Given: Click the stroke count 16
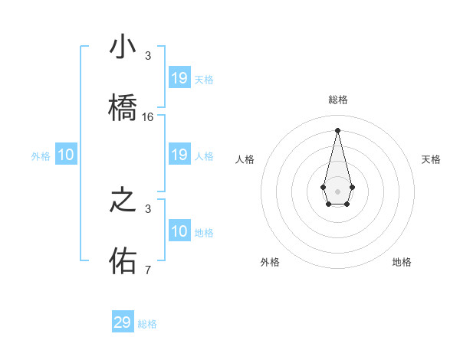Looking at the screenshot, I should click(148, 117).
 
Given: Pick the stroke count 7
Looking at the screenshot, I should click(148, 270).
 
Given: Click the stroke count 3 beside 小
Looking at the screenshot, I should click(148, 56).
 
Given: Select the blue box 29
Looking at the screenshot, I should click(123, 322).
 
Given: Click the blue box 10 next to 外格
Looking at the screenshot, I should click(66, 155).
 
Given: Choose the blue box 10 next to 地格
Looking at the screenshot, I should click(179, 231).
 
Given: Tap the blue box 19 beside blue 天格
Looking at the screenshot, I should click(179, 78).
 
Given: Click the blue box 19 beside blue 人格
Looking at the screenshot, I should click(179, 155).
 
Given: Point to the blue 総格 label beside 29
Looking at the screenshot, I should click(148, 324).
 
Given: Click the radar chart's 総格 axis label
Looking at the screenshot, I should click(337, 100).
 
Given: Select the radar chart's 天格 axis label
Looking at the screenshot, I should click(431, 159).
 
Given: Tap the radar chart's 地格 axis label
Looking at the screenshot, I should click(402, 262).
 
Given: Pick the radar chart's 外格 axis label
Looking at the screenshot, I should click(270, 262).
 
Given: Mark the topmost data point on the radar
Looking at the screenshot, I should click(337, 129).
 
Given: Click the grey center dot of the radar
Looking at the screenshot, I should click(337, 191).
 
